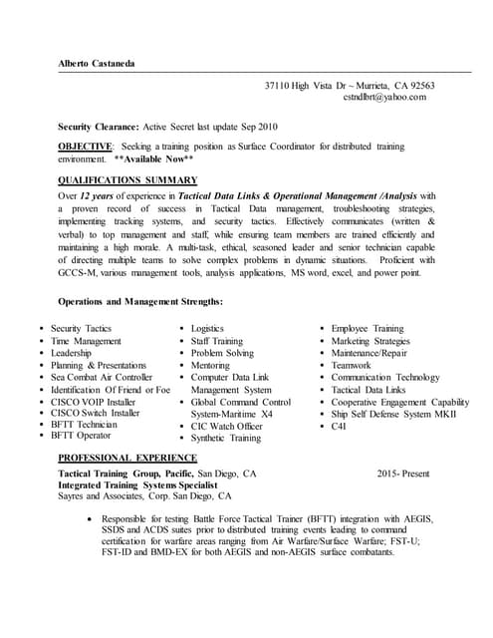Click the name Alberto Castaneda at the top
(x=96, y=64)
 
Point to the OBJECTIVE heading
(x=85, y=147)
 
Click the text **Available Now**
(x=153, y=159)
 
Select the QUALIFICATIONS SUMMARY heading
(x=127, y=179)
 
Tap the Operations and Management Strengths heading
(x=140, y=301)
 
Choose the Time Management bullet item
(x=86, y=341)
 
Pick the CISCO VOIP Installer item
(x=94, y=402)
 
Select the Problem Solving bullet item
(x=222, y=353)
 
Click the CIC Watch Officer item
(x=226, y=427)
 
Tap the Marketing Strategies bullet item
(x=370, y=341)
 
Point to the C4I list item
(x=341, y=427)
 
